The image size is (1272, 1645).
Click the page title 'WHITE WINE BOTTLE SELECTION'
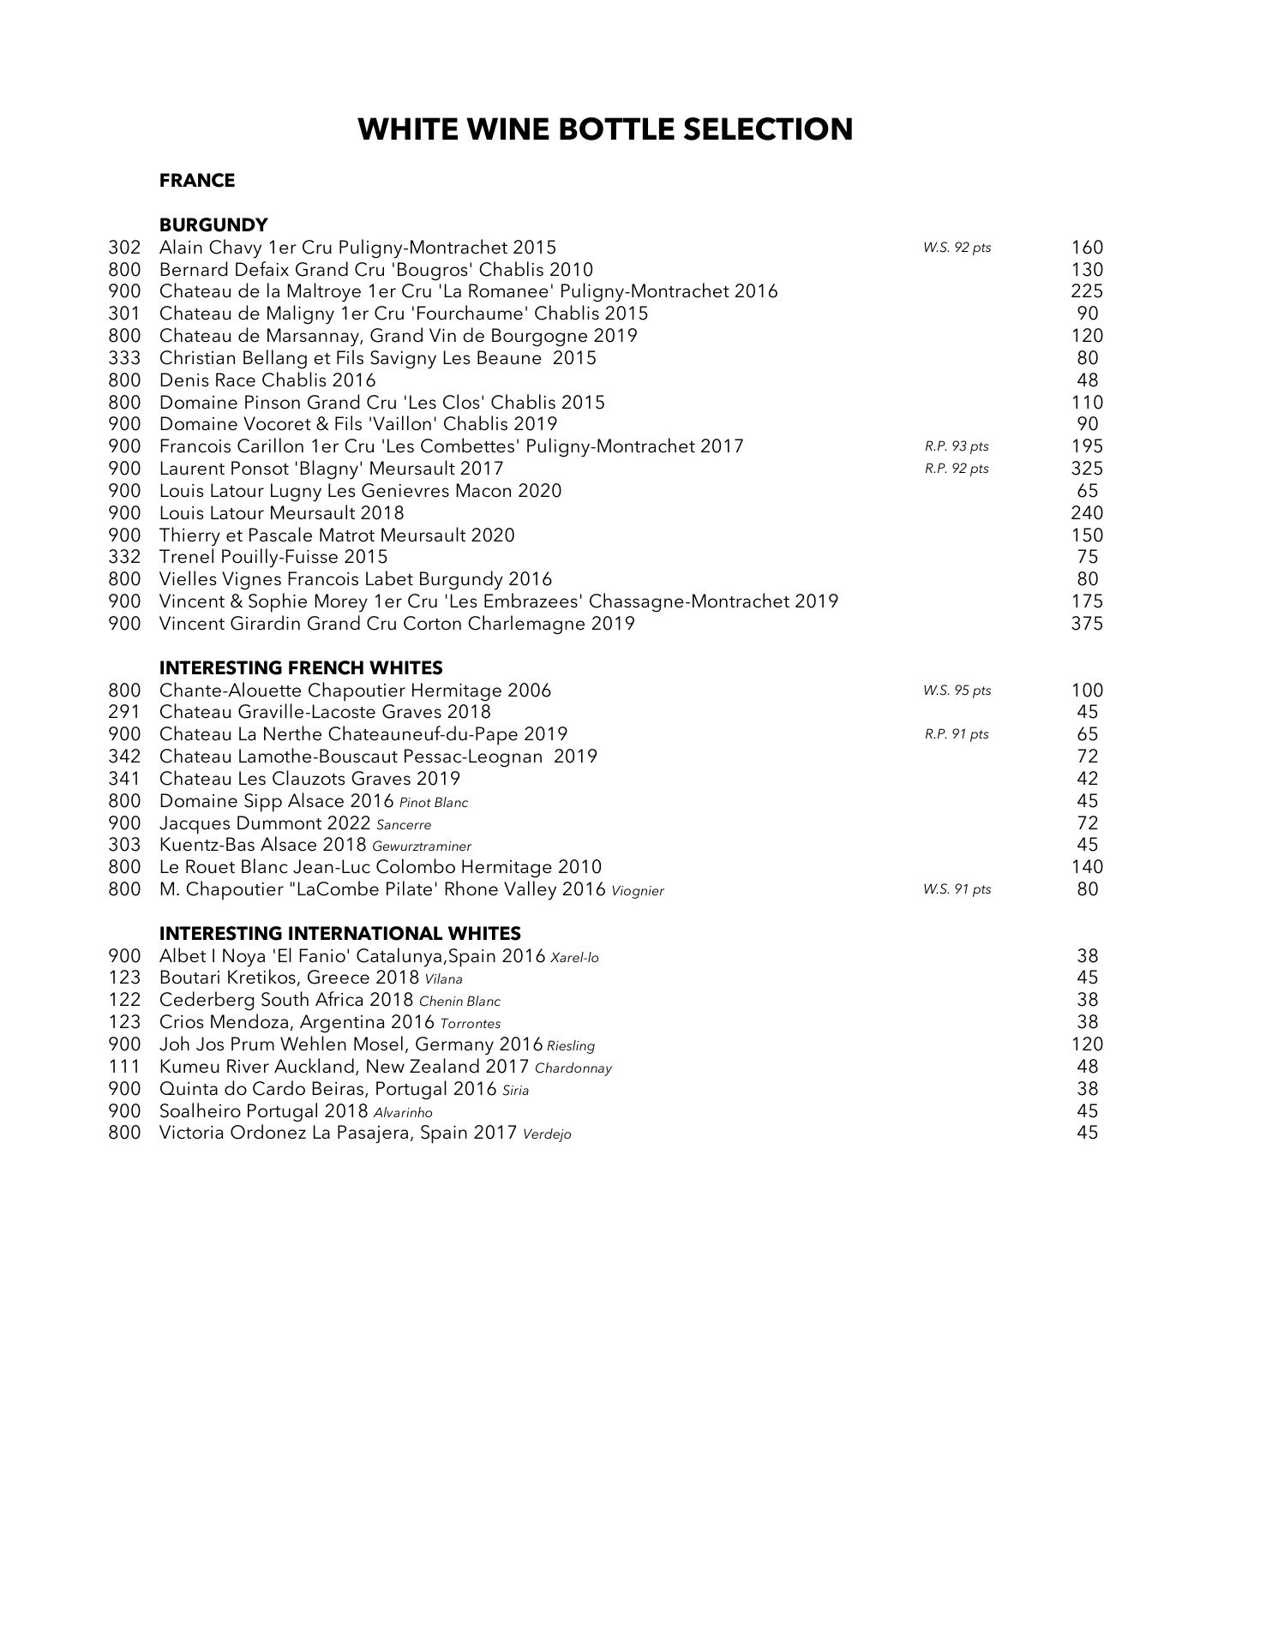coord(605,129)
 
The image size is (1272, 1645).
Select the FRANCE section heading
coord(196,181)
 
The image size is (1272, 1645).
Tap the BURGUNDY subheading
coord(213,224)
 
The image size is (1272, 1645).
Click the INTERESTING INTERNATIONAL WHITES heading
coord(339,933)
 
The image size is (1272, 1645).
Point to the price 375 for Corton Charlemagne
coord(1086,624)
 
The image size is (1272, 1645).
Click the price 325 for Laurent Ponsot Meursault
coord(1086,469)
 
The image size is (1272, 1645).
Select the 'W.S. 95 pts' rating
coord(957,691)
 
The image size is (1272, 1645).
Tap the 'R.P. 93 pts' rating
coord(957,446)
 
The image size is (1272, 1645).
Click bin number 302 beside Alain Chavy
coord(124,248)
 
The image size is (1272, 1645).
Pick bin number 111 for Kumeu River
coord(124,1067)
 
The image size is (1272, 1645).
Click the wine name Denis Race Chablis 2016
coord(267,380)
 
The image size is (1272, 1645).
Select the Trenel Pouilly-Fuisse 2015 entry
coord(273,557)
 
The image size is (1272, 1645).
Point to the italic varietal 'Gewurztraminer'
coord(422,846)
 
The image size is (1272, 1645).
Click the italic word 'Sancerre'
coord(404,825)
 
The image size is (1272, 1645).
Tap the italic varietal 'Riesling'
coord(571,1046)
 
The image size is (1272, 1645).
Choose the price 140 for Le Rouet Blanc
coord(1086,867)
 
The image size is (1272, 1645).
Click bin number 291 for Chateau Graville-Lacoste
coord(124,712)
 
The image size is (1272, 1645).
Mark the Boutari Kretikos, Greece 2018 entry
coord(289,978)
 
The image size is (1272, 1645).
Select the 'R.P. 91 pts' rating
coord(957,734)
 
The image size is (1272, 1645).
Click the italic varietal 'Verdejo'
coord(547,1134)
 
